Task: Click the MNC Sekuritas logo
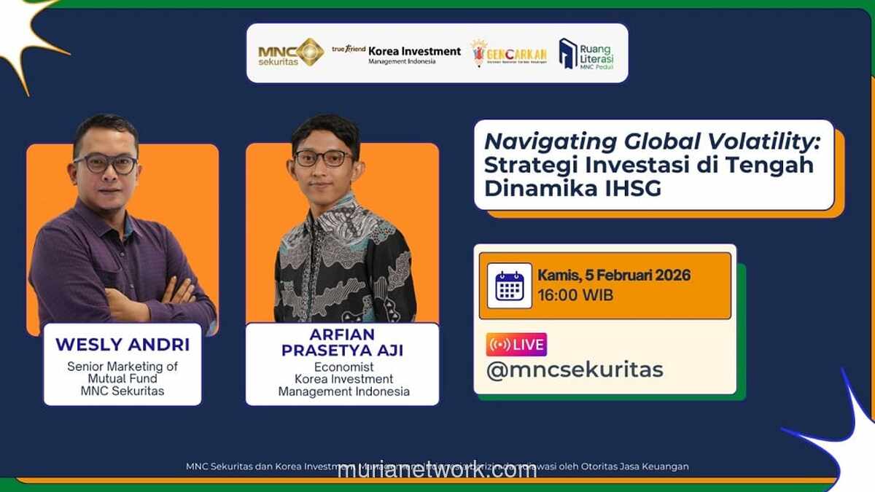coord(291,52)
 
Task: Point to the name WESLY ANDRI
coord(122,344)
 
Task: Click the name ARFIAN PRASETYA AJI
coord(342,343)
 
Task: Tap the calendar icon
coord(509,286)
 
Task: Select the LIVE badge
coord(516,344)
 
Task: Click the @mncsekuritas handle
coord(575,370)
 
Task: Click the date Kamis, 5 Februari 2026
coord(613,276)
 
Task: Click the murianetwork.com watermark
coord(437,470)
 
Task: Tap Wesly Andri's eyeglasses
coord(106,163)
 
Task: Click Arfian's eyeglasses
coord(322,157)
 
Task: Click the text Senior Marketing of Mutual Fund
coord(122,372)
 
